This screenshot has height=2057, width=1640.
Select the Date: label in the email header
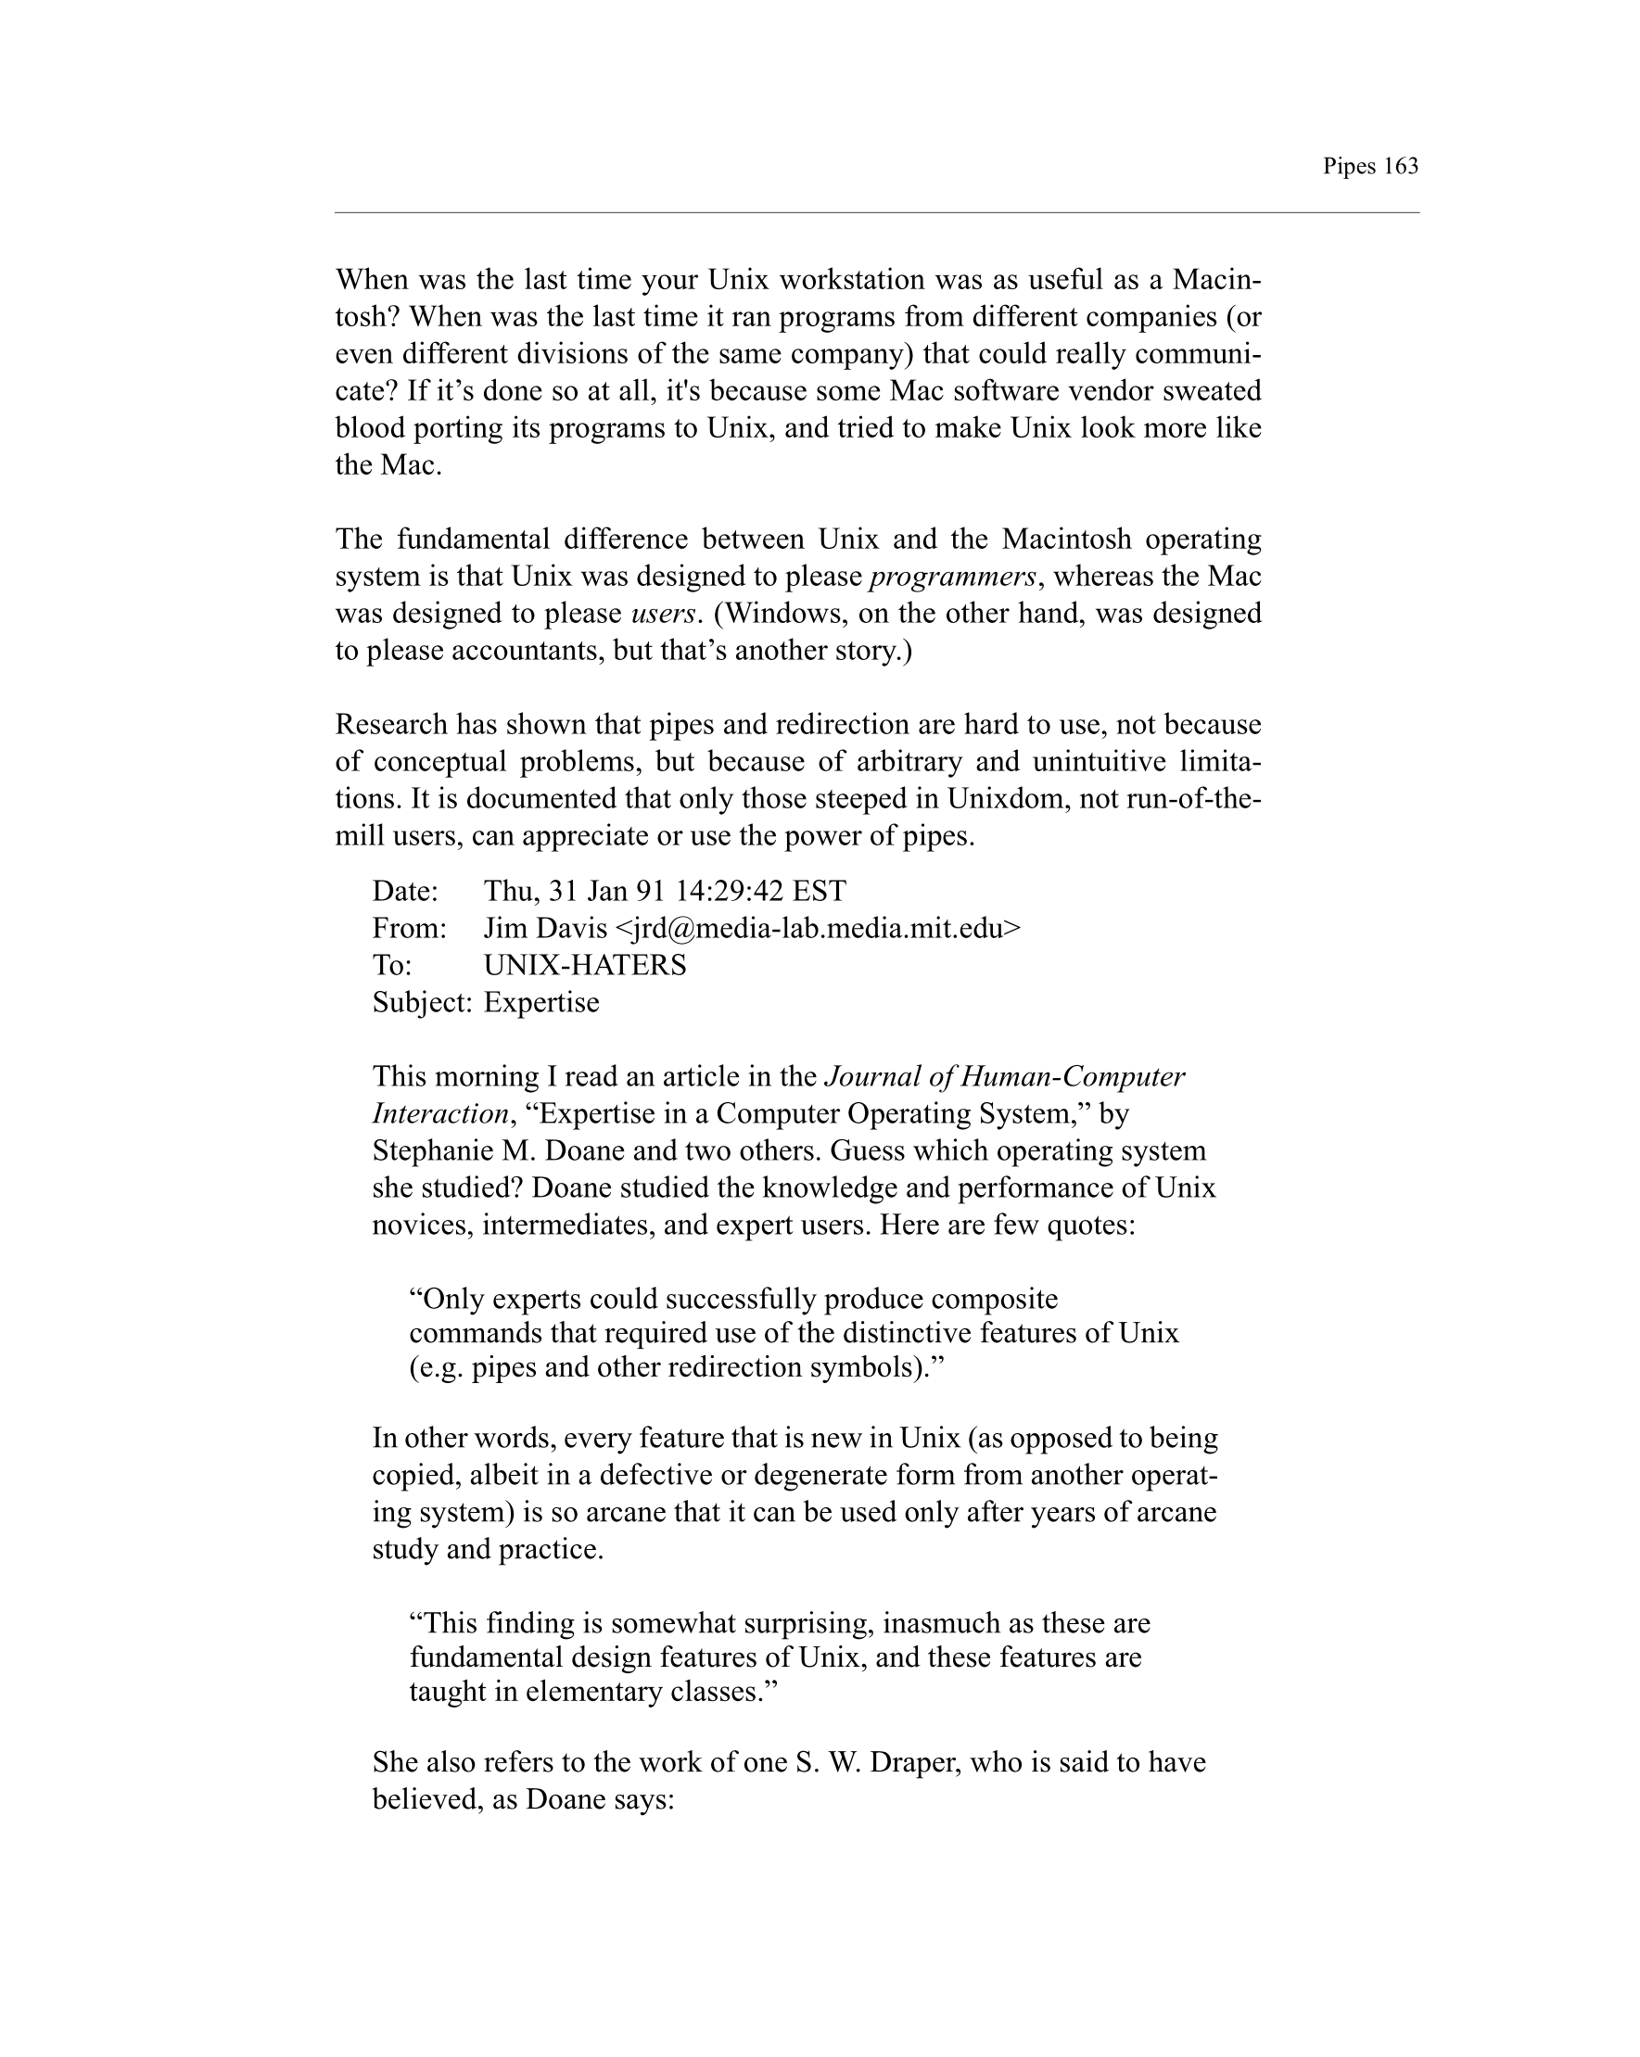pyautogui.click(x=404, y=891)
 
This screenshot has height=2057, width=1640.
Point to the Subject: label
pyautogui.click(x=422, y=1003)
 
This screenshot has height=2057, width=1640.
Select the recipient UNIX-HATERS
pyautogui.click(x=585, y=966)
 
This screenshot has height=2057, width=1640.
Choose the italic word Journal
pyautogui.click(x=869, y=1077)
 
